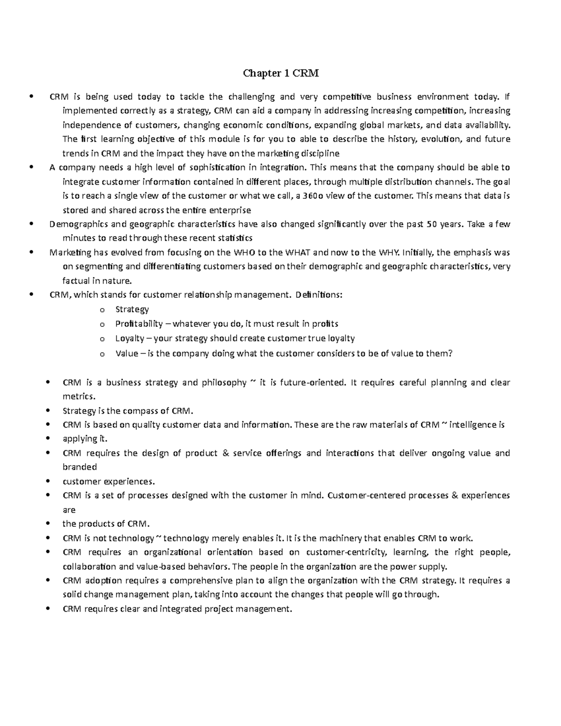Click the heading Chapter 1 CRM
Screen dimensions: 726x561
tap(280, 73)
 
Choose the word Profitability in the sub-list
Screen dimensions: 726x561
tap(139, 324)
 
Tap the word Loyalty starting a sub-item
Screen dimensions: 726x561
tap(129, 338)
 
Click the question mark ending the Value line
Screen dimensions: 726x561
tap(450, 353)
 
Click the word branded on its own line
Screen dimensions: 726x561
tap(79, 467)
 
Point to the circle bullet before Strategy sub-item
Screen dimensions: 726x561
tap(102, 310)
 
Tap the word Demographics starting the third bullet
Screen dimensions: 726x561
tap(72, 224)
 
